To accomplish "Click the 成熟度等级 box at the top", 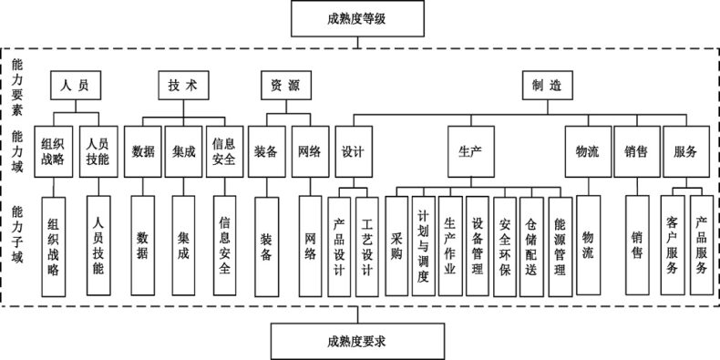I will point(360,18).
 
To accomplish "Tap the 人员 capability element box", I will point(74,86).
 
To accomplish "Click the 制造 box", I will point(547,86).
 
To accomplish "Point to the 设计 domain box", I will point(353,151).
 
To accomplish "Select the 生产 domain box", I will point(470,151).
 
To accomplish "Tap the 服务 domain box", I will point(686,151).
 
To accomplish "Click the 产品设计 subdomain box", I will point(339,245).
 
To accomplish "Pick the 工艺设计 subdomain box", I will point(366,245).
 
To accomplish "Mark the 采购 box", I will point(396,245).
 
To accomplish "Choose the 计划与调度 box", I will point(423,245).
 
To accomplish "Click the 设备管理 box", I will point(478,245).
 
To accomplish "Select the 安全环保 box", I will point(505,245).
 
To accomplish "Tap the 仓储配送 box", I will point(532,245).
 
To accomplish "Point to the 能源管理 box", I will point(560,245).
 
